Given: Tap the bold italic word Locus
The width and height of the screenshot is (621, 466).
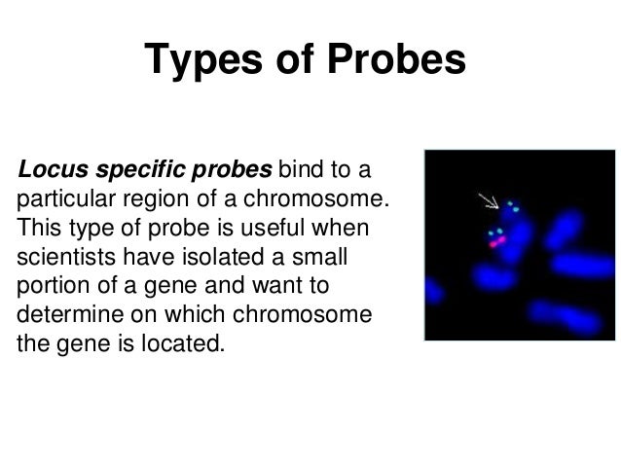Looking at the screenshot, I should (x=49, y=172).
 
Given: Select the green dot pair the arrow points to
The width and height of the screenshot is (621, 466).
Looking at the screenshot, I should (x=512, y=207).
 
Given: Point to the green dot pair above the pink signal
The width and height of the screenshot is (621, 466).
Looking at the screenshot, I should (x=496, y=233).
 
